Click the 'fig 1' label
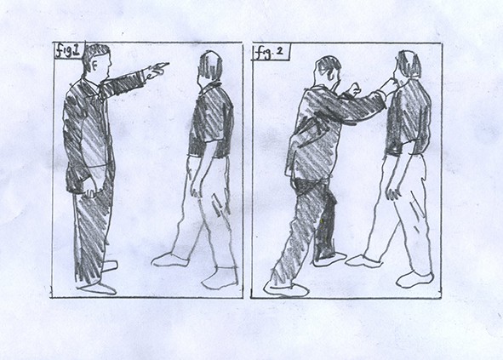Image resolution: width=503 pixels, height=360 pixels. [68, 51]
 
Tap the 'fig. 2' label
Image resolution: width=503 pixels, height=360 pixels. [269, 52]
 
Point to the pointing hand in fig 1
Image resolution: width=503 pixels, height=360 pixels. [157, 71]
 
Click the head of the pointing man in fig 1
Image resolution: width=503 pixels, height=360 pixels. [98, 62]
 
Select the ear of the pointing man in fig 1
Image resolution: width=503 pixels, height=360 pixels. [94, 66]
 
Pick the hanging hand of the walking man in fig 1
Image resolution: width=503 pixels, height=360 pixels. [196, 187]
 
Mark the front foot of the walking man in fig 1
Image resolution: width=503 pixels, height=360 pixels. [170, 260]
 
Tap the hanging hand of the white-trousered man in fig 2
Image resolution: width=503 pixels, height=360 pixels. [393, 191]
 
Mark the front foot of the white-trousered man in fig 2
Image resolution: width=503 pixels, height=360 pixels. [364, 261]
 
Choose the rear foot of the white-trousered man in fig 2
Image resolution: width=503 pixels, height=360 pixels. [415, 279]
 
